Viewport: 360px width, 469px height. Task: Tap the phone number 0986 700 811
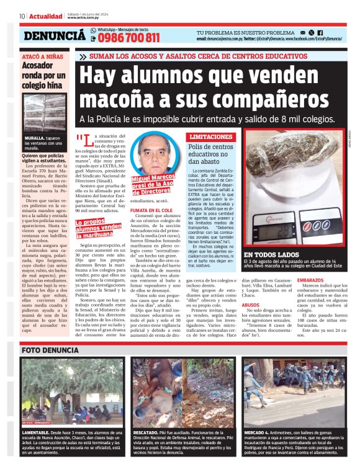point(129,38)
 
